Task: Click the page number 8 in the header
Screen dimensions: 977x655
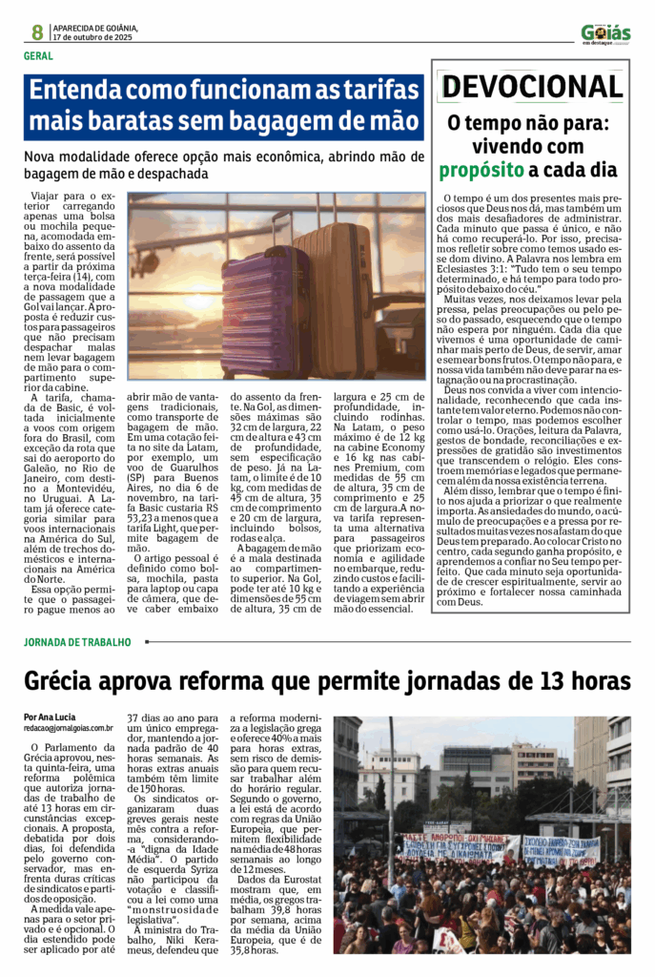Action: point(36,31)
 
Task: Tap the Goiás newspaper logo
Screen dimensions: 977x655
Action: point(605,33)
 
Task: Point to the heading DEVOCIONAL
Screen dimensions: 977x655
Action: point(532,87)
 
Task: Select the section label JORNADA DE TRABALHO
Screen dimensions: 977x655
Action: point(77,642)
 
